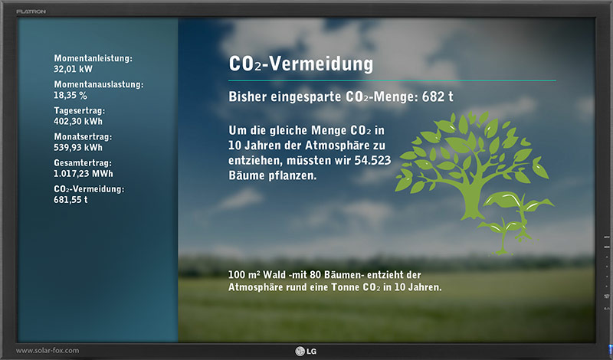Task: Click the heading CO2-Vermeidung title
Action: point(300,64)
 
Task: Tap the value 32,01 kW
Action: point(73,69)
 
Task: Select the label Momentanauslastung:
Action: point(99,84)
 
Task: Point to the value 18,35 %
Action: point(70,96)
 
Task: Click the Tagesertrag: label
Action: point(80,110)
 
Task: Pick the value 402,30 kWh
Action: point(78,121)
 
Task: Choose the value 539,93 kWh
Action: point(78,147)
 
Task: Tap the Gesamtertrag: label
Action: point(83,163)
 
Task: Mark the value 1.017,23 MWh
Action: point(84,174)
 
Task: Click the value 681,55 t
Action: point(70,200)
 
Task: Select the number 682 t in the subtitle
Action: point(438,97)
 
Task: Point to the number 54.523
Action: point(372,160)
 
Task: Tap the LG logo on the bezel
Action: point(306,352)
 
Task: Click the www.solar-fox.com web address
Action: point(48,351)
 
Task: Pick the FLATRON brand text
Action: point(31,11)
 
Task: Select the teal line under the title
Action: point(392,80)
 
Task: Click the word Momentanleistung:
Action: point(93,58)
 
